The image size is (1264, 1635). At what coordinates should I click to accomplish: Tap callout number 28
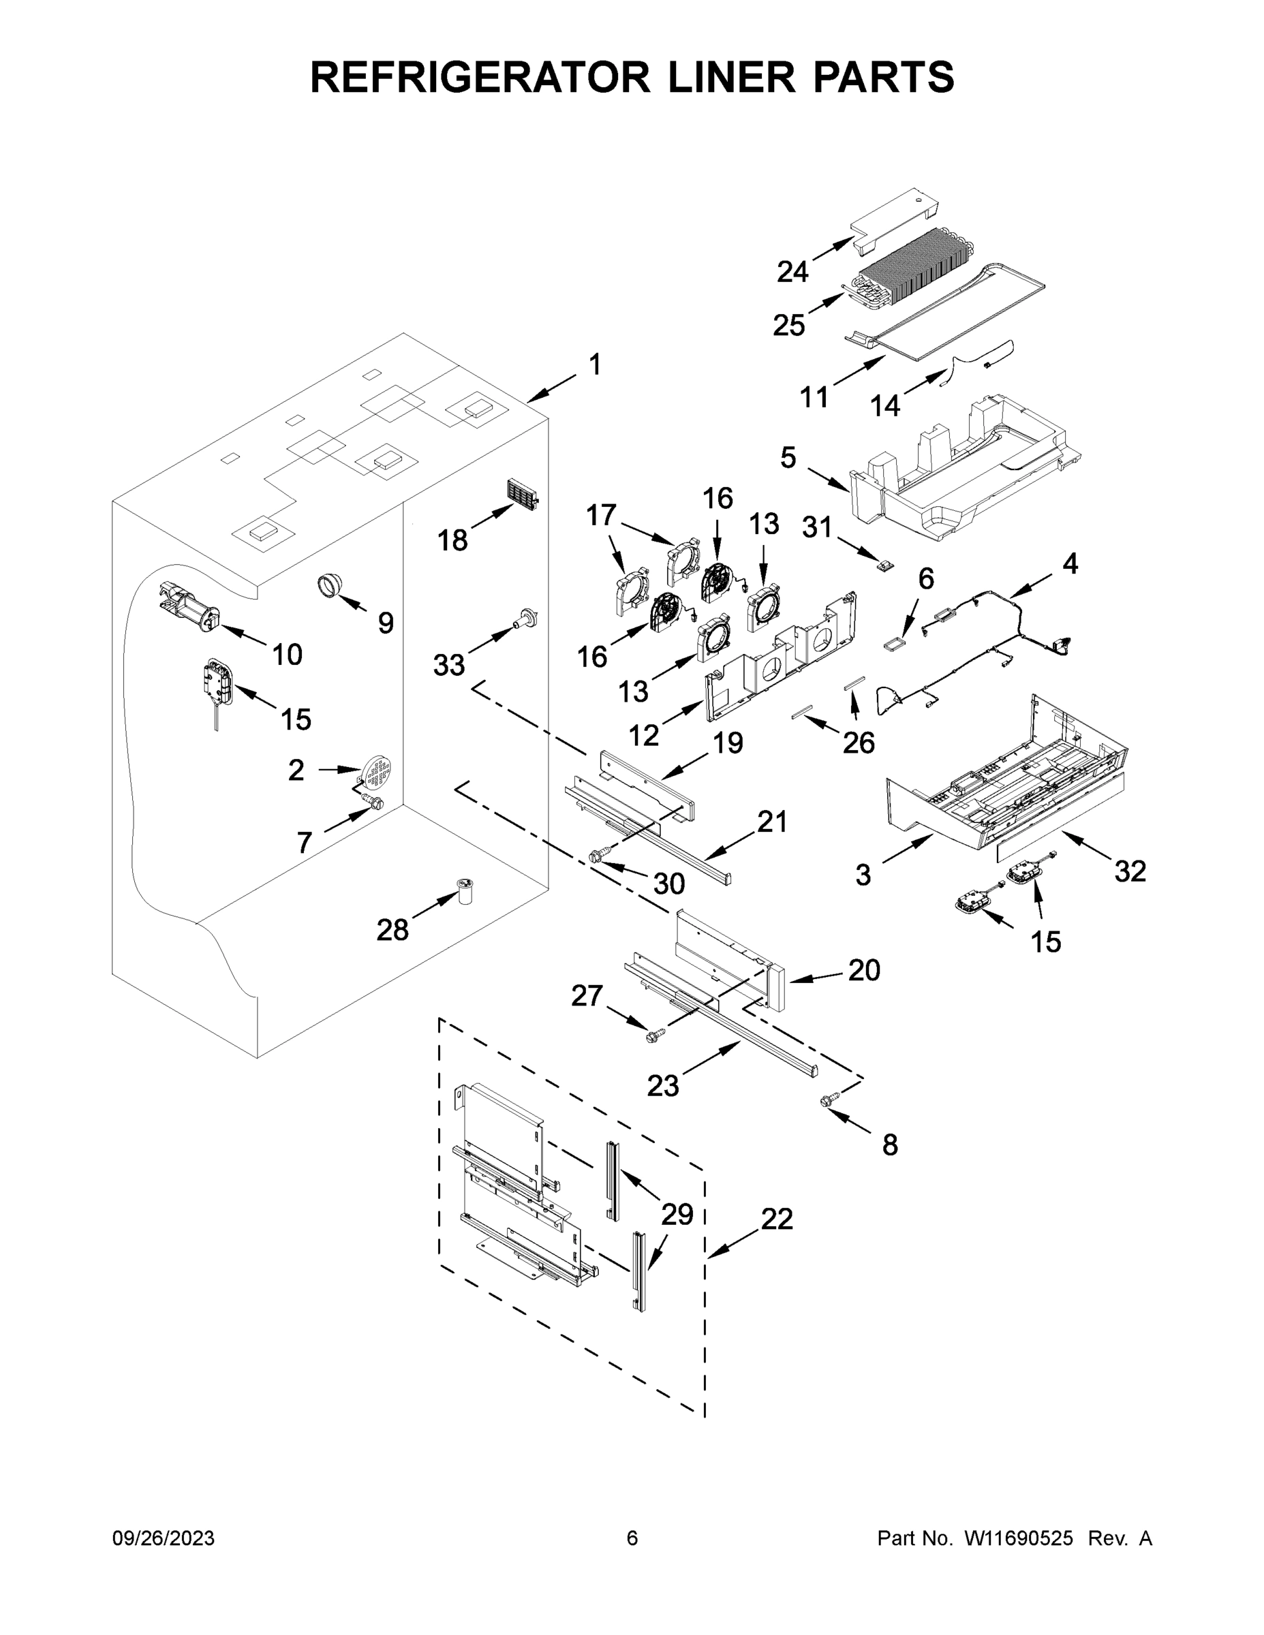(392, 931)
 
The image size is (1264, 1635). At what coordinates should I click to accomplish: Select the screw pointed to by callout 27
(654, 1035)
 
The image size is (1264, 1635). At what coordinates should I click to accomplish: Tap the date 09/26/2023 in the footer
(164, 1538)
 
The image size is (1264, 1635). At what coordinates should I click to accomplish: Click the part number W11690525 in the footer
(1019, 1538)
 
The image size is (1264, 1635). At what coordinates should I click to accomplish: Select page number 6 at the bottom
(632, 1538)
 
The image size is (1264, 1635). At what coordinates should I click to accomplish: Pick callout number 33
(449, 665)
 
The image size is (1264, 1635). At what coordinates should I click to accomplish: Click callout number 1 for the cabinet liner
(595, 364)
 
